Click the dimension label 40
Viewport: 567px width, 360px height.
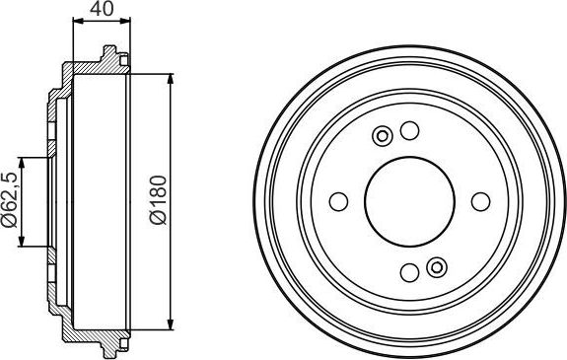(102, 11)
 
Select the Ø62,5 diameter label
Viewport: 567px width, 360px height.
(9, 202)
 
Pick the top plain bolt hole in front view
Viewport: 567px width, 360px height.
(409, 130)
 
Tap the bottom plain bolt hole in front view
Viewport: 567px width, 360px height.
(409, 273)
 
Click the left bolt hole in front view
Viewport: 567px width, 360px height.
(337, 202)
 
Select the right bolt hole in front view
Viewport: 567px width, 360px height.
(481, 202)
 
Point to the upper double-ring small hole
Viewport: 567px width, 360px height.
(383, 136)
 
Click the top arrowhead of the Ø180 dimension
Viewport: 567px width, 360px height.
(172, 79)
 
